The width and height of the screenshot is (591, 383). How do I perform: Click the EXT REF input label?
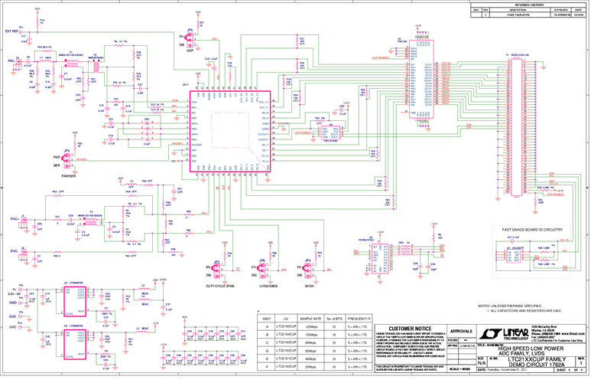pyautogui.click(x=13, y=31)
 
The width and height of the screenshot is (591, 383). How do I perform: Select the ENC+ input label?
pyautogui.click(x=13, y=218)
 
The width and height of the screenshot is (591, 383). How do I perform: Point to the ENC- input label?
pyautogui.click(x=13, y=250)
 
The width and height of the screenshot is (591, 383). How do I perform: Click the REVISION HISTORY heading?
pyautogui.click(x=529, y=4)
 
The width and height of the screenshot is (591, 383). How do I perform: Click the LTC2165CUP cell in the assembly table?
pyautogui.click(x=286, y=327)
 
